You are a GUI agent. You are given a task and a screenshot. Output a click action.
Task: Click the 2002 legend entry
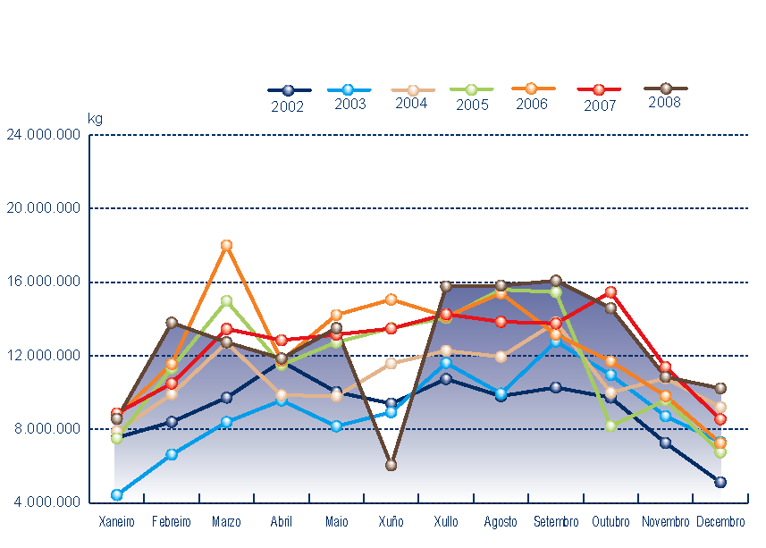pos(289,98)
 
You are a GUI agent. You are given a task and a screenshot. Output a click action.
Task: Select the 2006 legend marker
pos(531,89)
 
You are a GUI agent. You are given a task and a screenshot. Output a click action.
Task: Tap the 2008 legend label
pos(665,103)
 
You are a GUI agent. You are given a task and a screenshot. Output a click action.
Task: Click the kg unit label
pos(95,118)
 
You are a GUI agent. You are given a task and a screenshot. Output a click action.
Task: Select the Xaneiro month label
pos(116,522)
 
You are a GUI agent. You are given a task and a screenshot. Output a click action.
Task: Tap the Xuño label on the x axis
pos(391,522)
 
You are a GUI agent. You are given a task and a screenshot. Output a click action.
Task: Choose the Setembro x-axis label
pos(556,522)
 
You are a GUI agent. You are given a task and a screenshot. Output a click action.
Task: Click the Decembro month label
pos(720,522)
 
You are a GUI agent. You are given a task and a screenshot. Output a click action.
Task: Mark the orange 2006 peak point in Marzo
pos(226,245)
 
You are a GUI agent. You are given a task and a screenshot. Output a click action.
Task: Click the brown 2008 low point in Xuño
pos(391,465)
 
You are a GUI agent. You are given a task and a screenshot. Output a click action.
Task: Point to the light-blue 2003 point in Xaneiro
pos(116,494)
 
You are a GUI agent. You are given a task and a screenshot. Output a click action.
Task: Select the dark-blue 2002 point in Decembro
pos(720,482)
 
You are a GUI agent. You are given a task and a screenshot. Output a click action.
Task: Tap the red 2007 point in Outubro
pos(610,292)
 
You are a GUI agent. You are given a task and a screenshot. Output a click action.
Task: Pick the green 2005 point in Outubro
pos(610,426)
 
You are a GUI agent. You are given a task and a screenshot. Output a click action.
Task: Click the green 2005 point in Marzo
pos(226,301)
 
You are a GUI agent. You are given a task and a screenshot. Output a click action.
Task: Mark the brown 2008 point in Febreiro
pos(172,323)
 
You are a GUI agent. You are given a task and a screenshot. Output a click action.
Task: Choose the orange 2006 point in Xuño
pos(391,299)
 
